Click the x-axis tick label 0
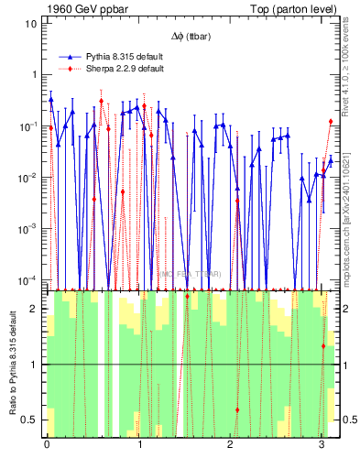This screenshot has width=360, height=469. [47, 445]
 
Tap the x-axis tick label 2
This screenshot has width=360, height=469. [230, 445]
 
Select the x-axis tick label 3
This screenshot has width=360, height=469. [322, 445]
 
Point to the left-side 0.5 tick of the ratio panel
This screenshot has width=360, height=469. [30, 420]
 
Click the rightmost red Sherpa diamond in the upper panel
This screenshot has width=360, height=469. [331, 121]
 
